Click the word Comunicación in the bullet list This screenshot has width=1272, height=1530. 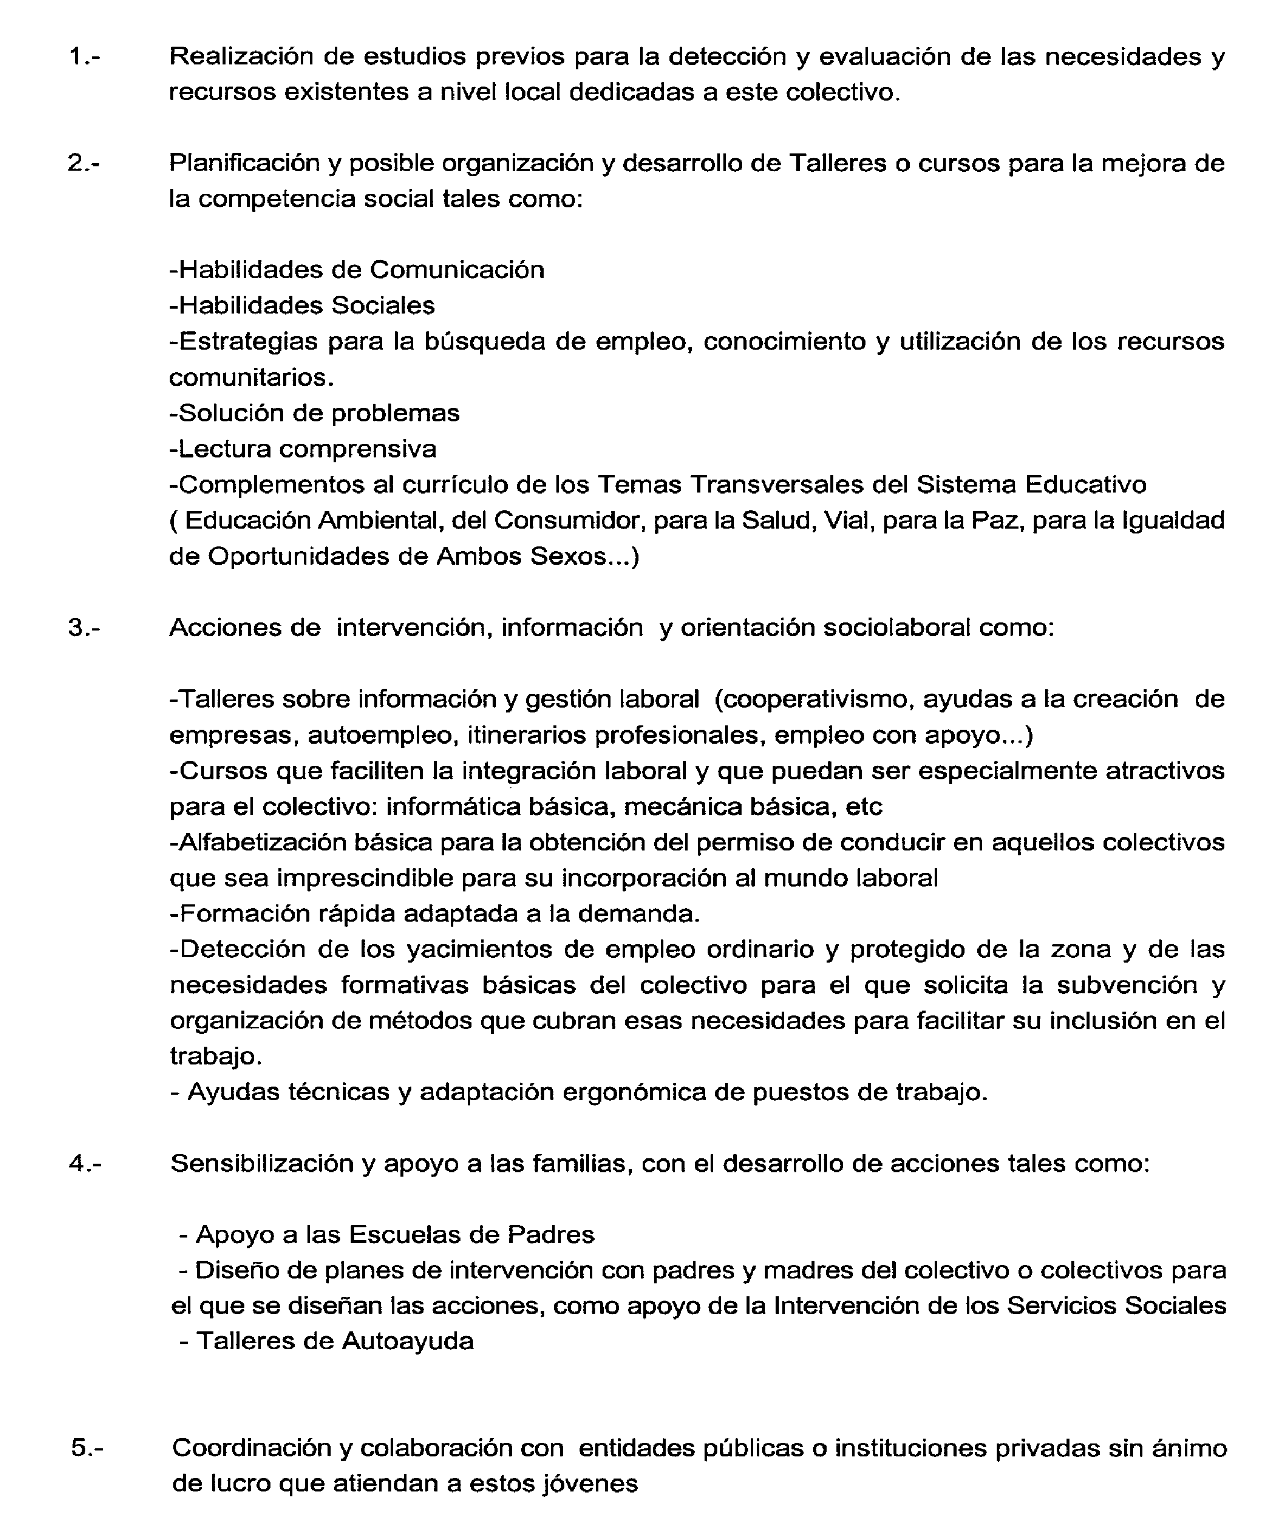[x=457, y=270]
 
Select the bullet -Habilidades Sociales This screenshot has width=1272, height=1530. [x=302, y=305]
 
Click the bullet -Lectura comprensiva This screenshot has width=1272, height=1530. [x=302, y=449]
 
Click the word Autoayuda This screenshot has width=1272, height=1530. [x=408, y=1341]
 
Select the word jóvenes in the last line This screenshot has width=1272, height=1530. [x=590, y=1483]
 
